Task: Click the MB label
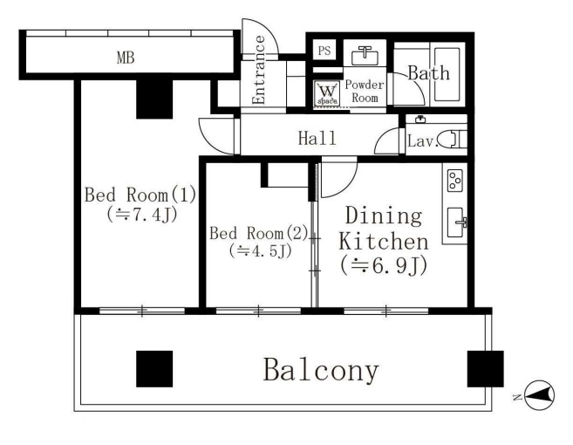[x=126, y=58]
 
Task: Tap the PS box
[x=324, y=50]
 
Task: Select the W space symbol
[x=327, y=92]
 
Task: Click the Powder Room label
[x=365, y=91]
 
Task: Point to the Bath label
[x=428, y=72]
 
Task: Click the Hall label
[x=317, y=138]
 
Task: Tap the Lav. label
[x=423, y=140]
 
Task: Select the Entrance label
[x=259, y=70]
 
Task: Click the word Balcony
[x=321, y=370]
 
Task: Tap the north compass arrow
[x=539, y=395]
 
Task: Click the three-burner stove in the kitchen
[x=455, y=181]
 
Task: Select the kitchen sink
[x=455, y=222]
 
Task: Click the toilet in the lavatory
[x=453, y=140]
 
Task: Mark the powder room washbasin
[x=365, y=55]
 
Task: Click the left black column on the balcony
[x=154, y=369]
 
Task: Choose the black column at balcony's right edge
[x=486, y=369]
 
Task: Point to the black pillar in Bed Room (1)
[x=154, y=99]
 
